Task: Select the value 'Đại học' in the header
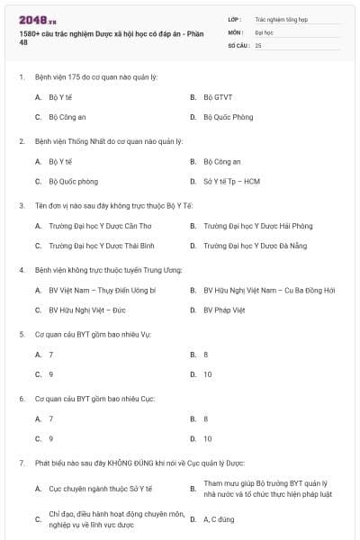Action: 265,31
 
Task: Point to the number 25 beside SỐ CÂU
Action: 258,44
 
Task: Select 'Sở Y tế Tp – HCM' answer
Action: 231,181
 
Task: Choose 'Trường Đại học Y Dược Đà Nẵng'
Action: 257,246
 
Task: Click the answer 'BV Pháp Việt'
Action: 223,310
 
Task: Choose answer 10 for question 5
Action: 208,374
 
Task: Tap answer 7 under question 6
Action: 50,418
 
